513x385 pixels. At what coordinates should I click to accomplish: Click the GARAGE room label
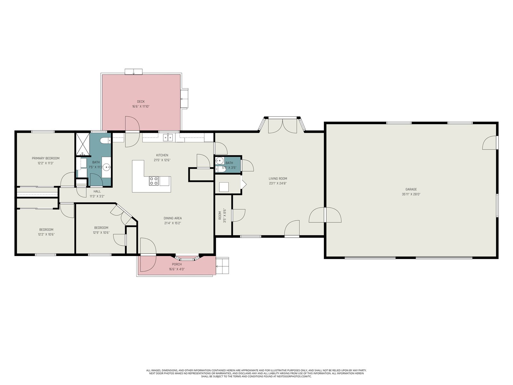(x=411, y=189)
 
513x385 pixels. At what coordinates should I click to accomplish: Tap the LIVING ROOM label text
(x=278, y=179)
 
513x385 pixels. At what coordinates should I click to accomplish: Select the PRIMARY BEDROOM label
(x=46, y=158)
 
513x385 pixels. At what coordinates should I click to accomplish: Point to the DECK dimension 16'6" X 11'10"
(x=141, y=107)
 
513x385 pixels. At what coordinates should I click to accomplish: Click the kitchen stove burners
(x=154, y=181)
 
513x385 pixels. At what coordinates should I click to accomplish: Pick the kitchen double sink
(x=168, y=138)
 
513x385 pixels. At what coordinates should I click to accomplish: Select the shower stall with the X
(x=83, y=144)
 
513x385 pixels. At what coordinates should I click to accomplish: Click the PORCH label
(x=177, y=264)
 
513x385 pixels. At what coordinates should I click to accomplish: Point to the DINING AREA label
(x=172, y=218)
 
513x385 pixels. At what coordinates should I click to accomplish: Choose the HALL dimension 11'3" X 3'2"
(x=97, y=196)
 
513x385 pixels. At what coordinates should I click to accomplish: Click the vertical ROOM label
(x=220, y=215)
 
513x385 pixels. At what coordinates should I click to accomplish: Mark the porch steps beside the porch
(x=222, y=266)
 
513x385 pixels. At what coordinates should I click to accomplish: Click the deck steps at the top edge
(x=133, y=72)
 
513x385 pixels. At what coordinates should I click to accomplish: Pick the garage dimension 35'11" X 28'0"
(x=411, y=194)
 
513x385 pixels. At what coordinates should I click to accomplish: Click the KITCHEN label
(x=162, y=155)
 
